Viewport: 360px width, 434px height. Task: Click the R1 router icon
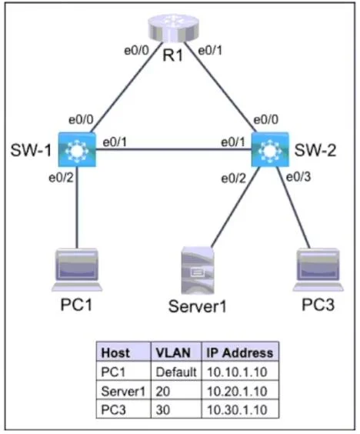point(174,28)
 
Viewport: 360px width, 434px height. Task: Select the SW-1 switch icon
point(77,150)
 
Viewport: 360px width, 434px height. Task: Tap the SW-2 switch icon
point(270,150)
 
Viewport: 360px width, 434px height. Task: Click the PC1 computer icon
point(77,270)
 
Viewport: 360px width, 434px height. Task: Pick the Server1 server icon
point(197,270)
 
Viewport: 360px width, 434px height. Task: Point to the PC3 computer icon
point(318,270)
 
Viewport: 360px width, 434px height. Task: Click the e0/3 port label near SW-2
point(298,177)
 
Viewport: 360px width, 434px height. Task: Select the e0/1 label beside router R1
point(210,51)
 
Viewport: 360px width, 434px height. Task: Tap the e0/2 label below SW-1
point(61,178)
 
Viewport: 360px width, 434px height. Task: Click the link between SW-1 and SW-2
point(174,150)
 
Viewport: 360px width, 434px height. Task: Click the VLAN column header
point(173,353)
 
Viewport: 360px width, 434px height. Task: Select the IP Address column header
point(240,353)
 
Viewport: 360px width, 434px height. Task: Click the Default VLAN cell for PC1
point(176,372)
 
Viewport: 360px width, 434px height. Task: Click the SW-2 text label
point(315,150)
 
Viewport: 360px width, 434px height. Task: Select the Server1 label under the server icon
point(197,306)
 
